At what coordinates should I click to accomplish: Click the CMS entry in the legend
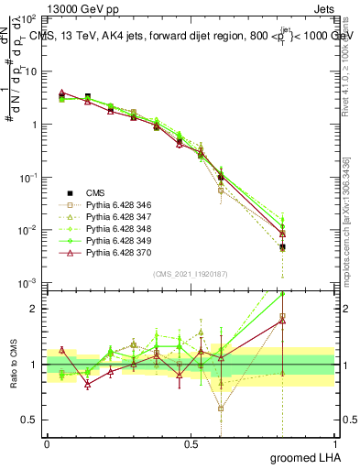(x=96, y=192)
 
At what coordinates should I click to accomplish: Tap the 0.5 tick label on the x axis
(x=191, y=443)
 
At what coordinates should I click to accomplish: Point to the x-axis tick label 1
(x=334, y=443)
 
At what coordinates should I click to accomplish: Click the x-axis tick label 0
(x=47, y=443)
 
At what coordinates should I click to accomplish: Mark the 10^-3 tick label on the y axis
(x=27, y=285)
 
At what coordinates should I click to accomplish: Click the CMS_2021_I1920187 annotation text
(x=191, y=273)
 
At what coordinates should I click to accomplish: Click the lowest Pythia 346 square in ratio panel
(x=221, y=409)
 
